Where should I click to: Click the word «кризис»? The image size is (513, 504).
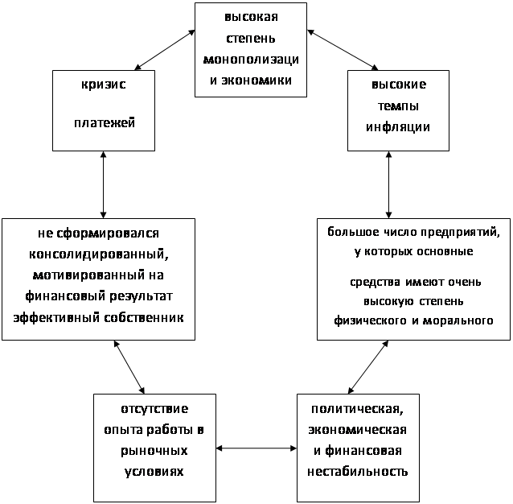104,85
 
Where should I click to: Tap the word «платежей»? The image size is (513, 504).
105,123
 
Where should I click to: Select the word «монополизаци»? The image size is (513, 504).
251,60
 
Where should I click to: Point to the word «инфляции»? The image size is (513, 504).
398,127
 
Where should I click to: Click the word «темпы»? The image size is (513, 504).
398,106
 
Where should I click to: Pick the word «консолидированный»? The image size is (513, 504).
99,254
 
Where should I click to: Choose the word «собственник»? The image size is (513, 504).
144,317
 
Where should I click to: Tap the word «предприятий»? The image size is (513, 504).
460,232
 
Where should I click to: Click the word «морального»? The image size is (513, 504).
458,320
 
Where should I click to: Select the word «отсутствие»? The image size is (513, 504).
154,409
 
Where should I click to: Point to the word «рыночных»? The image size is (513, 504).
154,451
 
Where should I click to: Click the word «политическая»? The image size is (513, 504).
357,409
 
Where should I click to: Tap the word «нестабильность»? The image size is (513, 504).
358,472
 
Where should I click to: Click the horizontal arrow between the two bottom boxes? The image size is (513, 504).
256,448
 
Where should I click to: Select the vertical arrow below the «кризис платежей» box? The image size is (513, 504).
104,184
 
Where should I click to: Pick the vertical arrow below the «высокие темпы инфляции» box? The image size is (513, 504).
388,184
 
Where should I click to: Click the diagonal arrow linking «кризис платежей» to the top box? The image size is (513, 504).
165,50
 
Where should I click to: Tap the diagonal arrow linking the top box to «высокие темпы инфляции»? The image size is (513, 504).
343,50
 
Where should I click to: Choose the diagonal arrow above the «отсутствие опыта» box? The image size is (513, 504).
129,367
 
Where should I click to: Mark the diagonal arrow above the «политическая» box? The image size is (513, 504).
368,367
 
